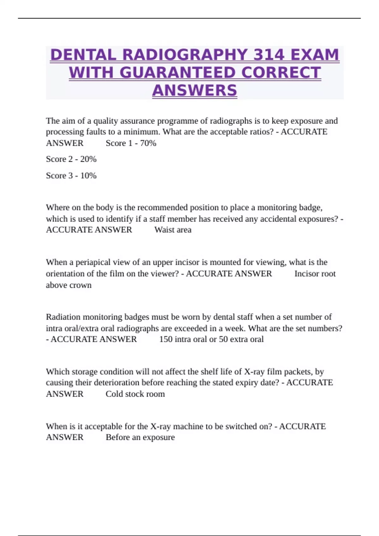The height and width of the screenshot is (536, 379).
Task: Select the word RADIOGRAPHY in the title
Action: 185,55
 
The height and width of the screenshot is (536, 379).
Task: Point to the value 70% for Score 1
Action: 148,143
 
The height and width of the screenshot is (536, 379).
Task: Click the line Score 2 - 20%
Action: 71,159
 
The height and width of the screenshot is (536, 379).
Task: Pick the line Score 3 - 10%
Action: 71,176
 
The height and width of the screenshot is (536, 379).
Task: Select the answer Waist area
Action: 173,230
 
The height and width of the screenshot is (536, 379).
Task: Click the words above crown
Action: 69,285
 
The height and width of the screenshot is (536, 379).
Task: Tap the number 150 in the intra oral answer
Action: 165,339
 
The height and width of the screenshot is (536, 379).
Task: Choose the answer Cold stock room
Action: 135,394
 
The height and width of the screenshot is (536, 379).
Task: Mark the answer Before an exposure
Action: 140,437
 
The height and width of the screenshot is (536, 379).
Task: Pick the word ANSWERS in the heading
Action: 195,91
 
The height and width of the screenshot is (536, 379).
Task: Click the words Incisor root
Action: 315,274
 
